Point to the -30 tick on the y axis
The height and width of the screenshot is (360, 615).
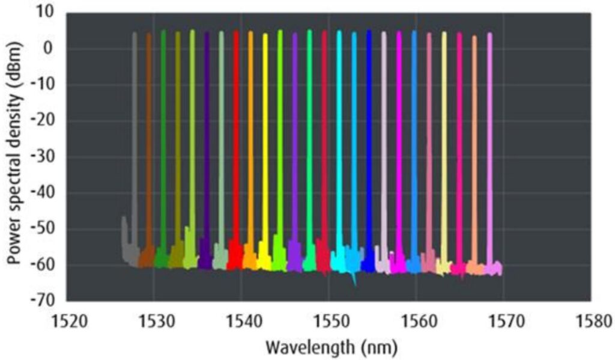43,157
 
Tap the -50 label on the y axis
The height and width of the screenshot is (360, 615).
43,229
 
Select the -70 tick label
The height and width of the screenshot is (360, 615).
43,301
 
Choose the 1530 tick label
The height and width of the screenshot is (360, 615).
154,319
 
